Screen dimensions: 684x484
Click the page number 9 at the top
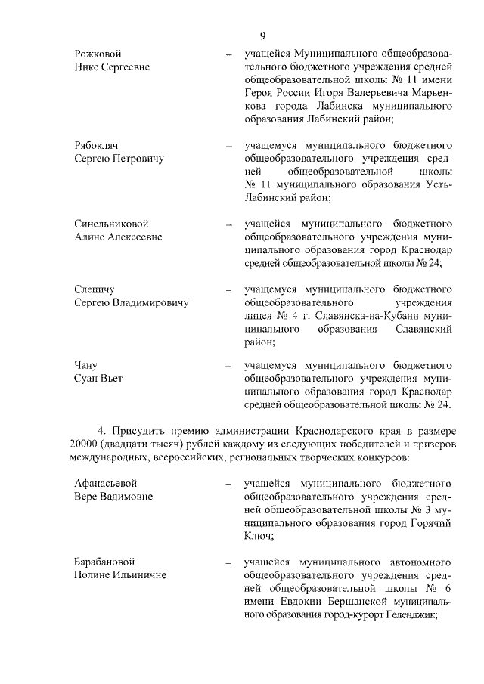tap(262, 36)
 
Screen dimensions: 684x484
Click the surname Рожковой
tap(98, 54)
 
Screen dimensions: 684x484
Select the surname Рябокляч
tap(97, 145)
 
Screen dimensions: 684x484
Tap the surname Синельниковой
tap(111, 224)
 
